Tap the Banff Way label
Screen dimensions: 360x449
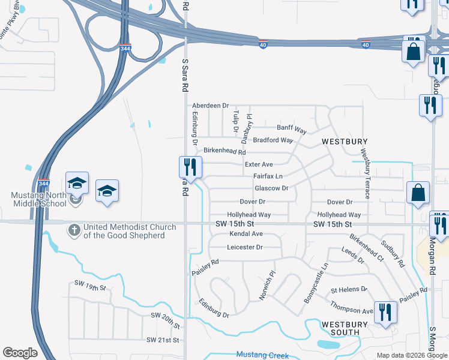pyautogui.click(x=292, y=129)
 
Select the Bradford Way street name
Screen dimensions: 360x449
pyautogui.click(x=273, y=140)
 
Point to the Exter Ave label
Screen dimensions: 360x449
pyautogui.click(x=259, y=164)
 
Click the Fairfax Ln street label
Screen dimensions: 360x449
pyautogui.click(x=268, y=176)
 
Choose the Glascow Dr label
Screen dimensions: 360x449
pyautogui.click(x=272, y=188)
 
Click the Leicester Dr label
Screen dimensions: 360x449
pyautogui.click(x=245, y=247)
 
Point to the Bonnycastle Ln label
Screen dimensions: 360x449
pyautogui.click(x=316, y=281)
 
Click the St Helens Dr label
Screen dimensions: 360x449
pyautogui.click(x=349, y=289)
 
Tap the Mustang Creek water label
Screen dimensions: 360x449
pyautogui.click(x=262, y=355)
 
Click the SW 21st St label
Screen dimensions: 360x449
pyautogui.click(x=163, y=340)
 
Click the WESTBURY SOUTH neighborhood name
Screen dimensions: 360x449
pyautogui.click(x=340, y=328)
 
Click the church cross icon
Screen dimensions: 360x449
pyautogui.click(x=74, y=229)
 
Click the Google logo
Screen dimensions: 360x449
pyautogui.click(x=20, y=353)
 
